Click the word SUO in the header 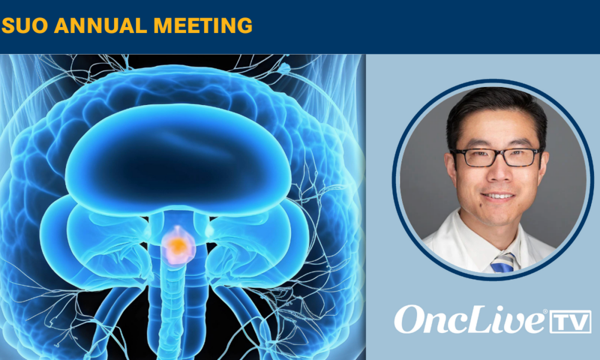pos(25,26)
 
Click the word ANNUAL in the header pos(101,26)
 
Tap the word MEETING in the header pos(203,26)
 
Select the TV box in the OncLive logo pos(571,322)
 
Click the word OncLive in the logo pos(470,319)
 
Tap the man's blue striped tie pos(503,263)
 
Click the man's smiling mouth pos(498,196)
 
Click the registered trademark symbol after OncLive pos(545,312)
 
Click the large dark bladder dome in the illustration pos(178,159)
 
